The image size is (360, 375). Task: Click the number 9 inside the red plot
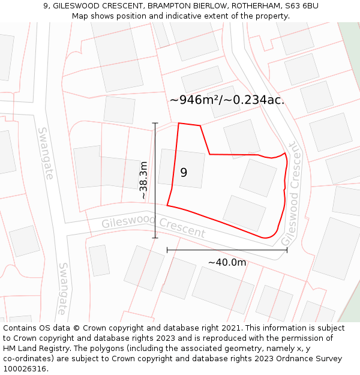point(184,173)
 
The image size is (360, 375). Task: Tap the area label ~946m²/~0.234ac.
point(227,100)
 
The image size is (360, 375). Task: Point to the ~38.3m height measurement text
point(144,180)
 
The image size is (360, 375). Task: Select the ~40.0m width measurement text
point(227,262)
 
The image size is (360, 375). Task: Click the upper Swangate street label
point(46,153)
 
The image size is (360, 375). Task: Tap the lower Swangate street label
point(63,288)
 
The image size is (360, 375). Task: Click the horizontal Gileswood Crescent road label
point(153,227)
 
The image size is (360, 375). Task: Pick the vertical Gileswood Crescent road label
point(291,194)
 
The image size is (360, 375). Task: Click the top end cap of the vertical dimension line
point(155,123)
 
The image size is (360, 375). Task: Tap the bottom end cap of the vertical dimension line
point(155,238)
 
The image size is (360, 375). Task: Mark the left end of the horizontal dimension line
point(167,250)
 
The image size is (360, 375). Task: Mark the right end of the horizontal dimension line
point(287,250)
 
